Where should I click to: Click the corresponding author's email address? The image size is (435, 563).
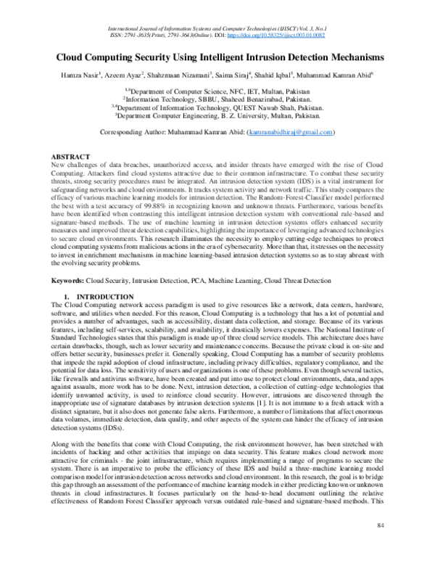(x=290, y=133)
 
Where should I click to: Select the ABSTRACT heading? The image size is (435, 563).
(x=70, y=157)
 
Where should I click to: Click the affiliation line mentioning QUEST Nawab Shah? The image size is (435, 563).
(x=217, y=107)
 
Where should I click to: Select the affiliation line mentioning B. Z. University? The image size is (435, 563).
(x=217, y=115)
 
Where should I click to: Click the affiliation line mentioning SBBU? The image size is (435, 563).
(x=217, y=99)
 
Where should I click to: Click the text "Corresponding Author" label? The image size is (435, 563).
(x=130, y=133)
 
